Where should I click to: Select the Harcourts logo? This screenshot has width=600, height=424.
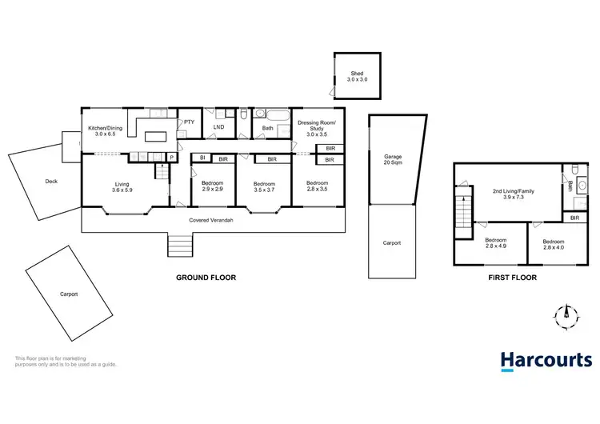(x=546, y=361)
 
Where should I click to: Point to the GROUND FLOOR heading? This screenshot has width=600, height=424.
(x=206, y=278)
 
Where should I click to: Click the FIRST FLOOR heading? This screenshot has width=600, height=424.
(x=512, y=278)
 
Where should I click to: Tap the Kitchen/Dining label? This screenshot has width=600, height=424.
(x=106, y=131)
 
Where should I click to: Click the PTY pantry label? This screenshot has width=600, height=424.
(x=190, y=122)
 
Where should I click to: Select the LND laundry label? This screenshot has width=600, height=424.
(x=218, y=126)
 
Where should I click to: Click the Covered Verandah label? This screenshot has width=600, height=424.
(x=211, y=220)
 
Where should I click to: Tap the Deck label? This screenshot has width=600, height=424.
(x=51, y=182)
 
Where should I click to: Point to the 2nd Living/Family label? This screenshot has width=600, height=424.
(x=512, y=194)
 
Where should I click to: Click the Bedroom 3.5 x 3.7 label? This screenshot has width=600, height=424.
(x=264, y=186)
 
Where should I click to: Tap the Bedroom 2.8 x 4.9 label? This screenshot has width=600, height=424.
(x=496, y=244)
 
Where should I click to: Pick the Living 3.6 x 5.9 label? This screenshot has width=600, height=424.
(x=122, y=187)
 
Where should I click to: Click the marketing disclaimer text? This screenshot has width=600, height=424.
(x=66, y=361)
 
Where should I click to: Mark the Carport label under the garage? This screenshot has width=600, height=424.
(x=392, y=243)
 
